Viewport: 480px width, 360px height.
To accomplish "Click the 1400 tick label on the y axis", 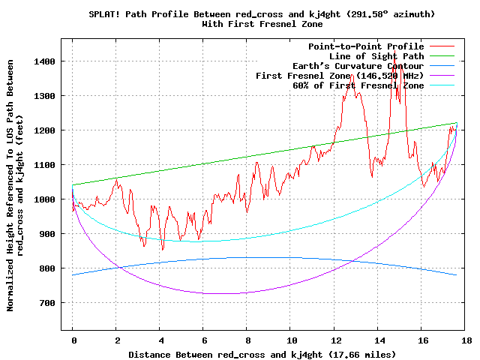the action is (x=44, y=61).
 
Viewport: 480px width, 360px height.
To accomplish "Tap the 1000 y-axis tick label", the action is (x=44, y=199).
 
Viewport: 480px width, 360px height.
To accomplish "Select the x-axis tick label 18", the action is (x=466, y=340).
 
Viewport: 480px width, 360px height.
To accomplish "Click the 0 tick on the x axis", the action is (x=73, y=340).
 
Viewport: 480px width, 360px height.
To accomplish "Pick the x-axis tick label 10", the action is (x=292, y=340).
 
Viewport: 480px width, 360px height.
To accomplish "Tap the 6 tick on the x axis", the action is (x=205, y=340).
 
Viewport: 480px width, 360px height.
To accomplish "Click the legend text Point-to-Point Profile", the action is (x=366, y=46).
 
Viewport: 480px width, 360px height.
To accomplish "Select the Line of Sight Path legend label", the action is (x=376, y=56).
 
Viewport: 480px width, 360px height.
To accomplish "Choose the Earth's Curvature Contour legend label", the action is (x=358, y=66).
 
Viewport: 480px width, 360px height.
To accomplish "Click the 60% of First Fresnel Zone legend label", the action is (x=358, y=85).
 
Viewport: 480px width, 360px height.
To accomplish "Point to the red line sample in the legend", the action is (x=442, y=46).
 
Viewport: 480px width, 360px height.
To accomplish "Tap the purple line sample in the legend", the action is (x=442, y=75).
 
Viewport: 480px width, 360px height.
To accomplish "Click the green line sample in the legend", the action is (x=442, y=56).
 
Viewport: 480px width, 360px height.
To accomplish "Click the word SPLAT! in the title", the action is (x=104, y=14).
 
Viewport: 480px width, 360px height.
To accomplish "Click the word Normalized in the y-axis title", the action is (x=10, y=285).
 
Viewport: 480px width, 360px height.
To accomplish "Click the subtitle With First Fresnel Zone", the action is (x=262, y=24).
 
